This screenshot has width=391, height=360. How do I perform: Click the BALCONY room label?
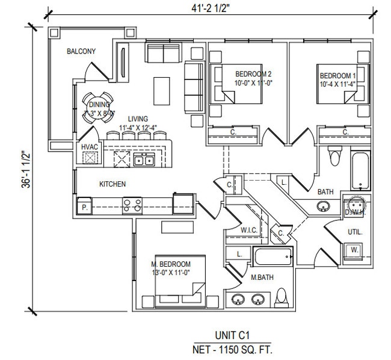81,52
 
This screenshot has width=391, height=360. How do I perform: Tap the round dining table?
97,108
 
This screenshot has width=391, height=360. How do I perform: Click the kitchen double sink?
144,160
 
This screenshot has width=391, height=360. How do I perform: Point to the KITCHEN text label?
112,184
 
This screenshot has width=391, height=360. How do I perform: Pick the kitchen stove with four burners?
132,205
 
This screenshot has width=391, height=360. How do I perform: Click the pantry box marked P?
84,206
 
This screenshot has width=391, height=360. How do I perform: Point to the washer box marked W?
354,249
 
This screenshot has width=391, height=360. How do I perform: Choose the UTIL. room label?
354,231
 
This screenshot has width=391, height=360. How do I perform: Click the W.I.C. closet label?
249,230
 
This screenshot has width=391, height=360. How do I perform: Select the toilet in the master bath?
281,297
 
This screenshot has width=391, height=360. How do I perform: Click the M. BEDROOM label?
171,264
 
